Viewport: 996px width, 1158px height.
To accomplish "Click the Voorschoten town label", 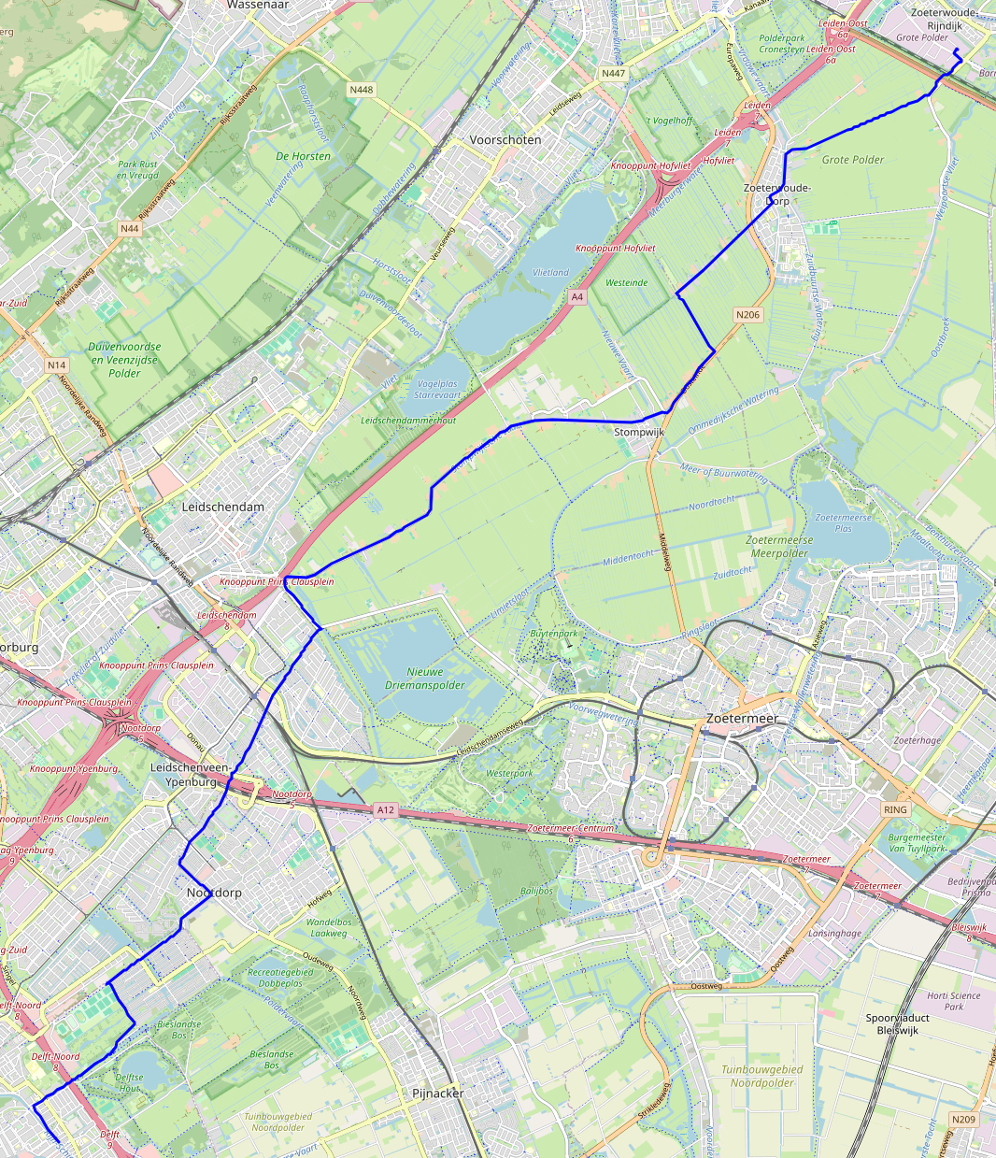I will pos(505,139).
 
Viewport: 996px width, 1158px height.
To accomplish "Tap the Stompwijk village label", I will pos(639,433).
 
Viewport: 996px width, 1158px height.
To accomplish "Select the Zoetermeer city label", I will pos(742,719).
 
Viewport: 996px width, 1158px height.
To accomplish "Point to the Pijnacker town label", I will pos(437,1093).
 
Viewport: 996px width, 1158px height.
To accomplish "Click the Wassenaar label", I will pos(257,5).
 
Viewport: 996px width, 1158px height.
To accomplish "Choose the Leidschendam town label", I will pos(222,507).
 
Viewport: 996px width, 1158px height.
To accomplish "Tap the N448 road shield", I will pos(362,90).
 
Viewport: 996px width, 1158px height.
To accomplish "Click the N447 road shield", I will pos(613,73).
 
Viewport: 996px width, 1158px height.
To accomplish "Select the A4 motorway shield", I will pos(576,296).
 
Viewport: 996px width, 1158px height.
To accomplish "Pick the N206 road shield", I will pos(747,315).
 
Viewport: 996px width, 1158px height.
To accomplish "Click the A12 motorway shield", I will pos(386,810).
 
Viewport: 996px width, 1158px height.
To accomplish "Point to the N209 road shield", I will pos(963,1120).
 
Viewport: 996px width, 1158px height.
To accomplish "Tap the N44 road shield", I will pos(129,228).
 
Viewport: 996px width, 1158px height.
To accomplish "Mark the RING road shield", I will pos(894,809).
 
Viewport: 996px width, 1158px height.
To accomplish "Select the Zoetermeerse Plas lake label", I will pos(844,522).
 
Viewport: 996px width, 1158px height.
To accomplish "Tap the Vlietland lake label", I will pos(550,272).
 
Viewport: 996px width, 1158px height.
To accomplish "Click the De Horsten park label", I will pos(303,156).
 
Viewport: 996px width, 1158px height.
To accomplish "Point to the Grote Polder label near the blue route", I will pos(852,160).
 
